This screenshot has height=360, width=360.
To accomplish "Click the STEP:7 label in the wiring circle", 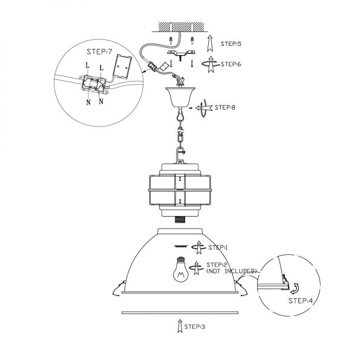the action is [99, 51].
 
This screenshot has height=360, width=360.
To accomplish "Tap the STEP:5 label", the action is [231, 44].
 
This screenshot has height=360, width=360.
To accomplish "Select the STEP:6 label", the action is [231, 64].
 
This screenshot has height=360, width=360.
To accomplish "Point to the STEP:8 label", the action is [225, 107].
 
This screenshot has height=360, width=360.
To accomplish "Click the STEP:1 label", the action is [218, 247].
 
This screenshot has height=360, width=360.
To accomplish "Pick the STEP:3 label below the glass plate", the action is [194, 327].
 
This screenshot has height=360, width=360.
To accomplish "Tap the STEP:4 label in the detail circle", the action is [301, 301].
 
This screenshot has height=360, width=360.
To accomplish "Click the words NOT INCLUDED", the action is [231, 271].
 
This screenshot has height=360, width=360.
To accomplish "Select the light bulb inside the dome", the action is [180, 269].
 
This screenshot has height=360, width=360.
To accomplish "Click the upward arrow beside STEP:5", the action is [209, 43].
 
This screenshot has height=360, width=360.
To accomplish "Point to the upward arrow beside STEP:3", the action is [180, 326].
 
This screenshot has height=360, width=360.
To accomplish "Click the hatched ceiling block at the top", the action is [182, 27].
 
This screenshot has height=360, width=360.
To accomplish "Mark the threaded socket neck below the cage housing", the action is [180, 220].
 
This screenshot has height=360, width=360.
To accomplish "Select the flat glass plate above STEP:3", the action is [180, 312].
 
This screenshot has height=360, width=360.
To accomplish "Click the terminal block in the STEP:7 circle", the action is [94, 84].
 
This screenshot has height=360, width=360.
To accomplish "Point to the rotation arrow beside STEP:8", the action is [204, 108].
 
